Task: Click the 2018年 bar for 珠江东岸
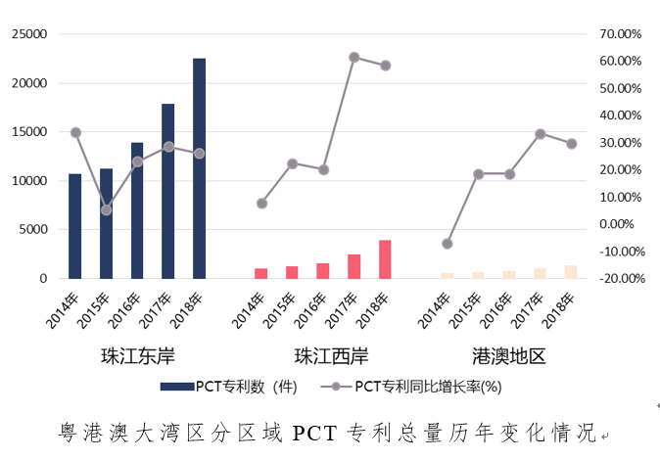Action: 199,168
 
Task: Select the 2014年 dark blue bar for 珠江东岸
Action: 75,226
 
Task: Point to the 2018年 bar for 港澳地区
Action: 571,272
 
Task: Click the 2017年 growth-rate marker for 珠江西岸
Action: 354,57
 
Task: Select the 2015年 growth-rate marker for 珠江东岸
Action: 106,209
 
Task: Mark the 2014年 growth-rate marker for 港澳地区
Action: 448,244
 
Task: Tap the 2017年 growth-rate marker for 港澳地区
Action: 540,133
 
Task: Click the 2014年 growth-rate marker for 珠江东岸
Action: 75,132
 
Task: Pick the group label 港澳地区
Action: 509,354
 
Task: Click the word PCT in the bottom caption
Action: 315,432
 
